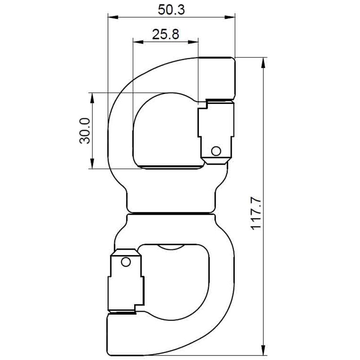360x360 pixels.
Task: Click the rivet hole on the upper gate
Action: point(216,150)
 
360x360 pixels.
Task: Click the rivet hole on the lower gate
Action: point(126,260)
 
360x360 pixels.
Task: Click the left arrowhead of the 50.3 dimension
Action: point(111,18)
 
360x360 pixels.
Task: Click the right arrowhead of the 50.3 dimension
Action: point(232,18)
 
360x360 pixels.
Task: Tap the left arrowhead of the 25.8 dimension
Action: point(136,42)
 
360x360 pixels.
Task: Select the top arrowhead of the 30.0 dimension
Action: point(92,97)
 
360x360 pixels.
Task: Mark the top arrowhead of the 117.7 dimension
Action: point(263,61)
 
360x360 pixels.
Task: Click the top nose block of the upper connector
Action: point(217,77)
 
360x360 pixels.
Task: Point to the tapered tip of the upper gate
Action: point(215,161)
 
